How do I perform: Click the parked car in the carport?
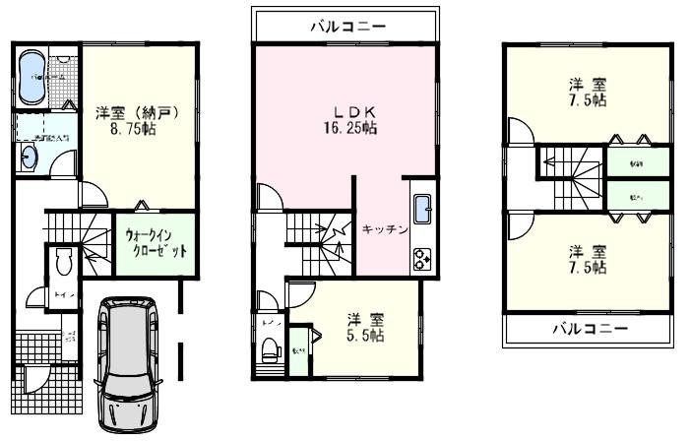click(129, 364)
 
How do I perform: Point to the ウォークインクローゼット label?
click(155, 242)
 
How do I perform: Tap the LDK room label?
click(344, 110)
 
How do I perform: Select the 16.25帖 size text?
click(345, 128)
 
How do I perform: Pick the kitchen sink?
click(423, 212)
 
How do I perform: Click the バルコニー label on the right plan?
click(588, 329)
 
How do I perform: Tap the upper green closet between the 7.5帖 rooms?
click(624, 162)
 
